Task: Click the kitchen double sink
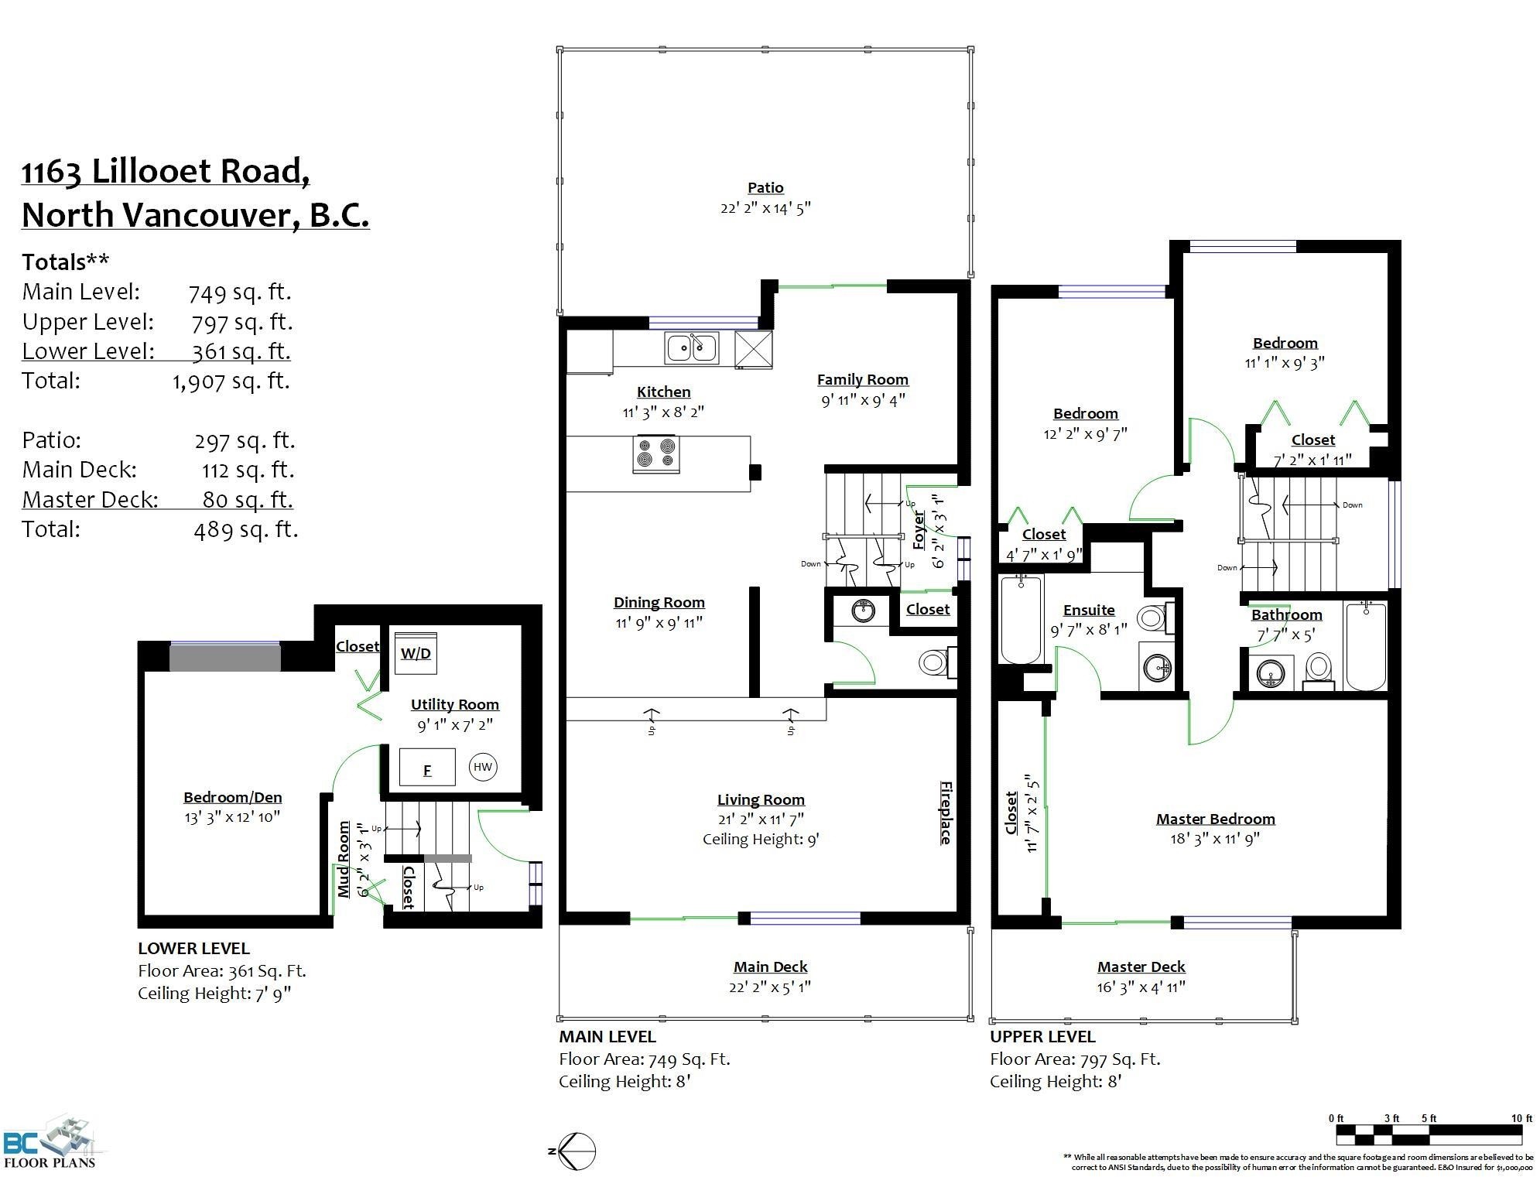[x=691, y=347]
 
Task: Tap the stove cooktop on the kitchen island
[x=656, y=454]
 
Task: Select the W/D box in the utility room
[x=416, y=653]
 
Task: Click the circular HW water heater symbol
[x=483, y=767]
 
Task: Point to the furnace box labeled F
[x=426, y=767]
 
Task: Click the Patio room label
[x=765, y=187]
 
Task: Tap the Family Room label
[x=863, y=379]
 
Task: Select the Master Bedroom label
[x=1216, y=819]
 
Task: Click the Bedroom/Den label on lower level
[x=232, y=797]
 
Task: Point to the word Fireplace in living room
[x=946, y=812]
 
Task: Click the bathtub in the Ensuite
[x=1022, y=620]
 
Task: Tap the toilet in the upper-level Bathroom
[x=1318, y=670]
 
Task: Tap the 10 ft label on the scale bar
[x=1521, y=1118]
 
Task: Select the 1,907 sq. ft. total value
[x=231, y=381]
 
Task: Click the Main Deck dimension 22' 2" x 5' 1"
[x=771, y=987]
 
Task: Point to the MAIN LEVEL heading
[x=607, y=1036]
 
